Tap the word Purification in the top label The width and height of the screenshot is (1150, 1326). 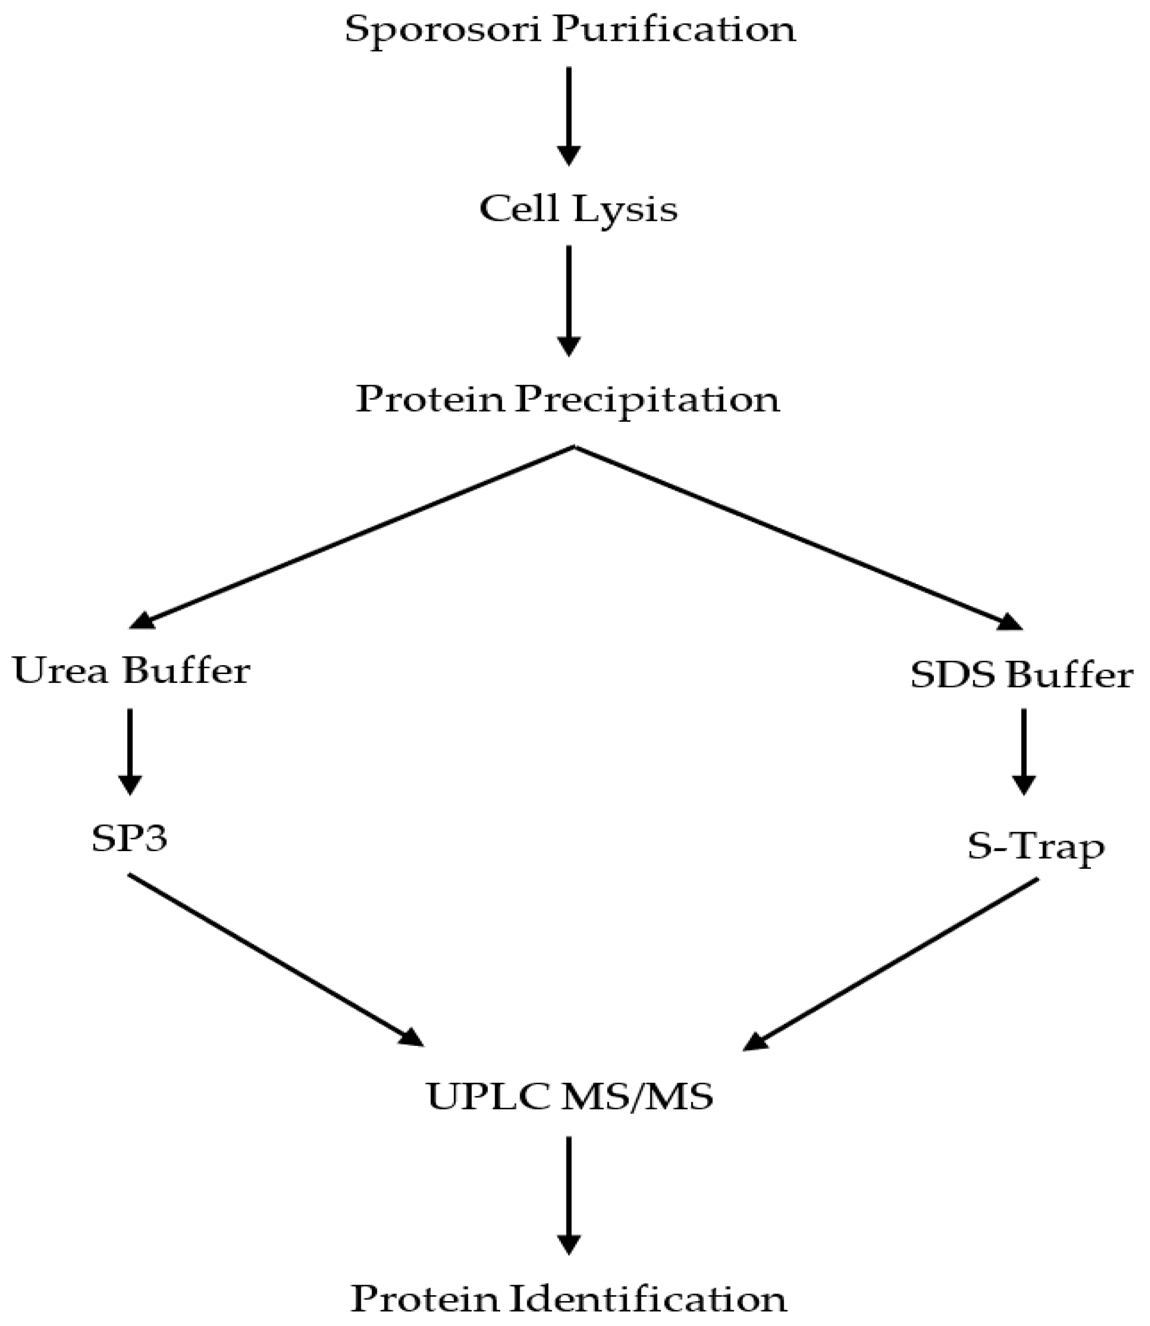click(x=675, y=29)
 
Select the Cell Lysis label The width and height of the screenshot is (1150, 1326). click(x=578, y=209)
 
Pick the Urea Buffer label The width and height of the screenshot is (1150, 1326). click(x=131, y=671)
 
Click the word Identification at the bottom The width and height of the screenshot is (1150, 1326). click(x=649, y=1280)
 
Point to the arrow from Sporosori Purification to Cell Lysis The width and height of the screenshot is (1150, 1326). click(x=569, y=115)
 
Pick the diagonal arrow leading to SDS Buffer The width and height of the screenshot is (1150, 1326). click(x=796, y=536)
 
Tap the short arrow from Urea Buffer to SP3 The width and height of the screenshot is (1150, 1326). click(x=130, y=751)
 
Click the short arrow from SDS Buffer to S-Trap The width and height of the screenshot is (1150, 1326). click(x=1024, y=751)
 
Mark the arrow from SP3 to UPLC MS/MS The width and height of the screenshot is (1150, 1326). click(x=276, y=960)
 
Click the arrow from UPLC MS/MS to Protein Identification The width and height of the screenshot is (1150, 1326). click(x=569, y=1194)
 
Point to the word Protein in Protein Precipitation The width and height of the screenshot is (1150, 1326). click(x=430, y=399)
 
